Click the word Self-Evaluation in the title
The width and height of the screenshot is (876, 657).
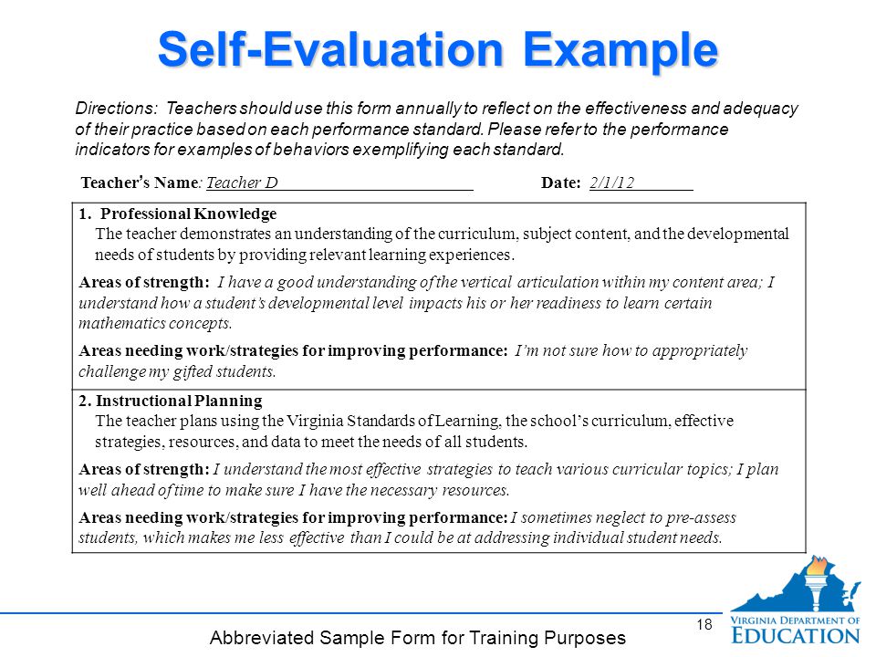click(330, 49)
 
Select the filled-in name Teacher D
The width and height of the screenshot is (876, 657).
click(242, 182)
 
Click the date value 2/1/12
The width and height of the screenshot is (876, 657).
click(611, 182)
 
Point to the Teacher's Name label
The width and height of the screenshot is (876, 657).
click(140, 182)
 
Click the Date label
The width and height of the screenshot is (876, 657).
click(561, 182)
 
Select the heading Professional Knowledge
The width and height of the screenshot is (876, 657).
click(188, 214)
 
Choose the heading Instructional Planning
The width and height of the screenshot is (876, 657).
click(179, 401)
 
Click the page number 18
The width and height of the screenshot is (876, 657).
click(704, 624)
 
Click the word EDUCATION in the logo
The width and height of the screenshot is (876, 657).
click(796, 636)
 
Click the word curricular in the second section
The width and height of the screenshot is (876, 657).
click(647, 469)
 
